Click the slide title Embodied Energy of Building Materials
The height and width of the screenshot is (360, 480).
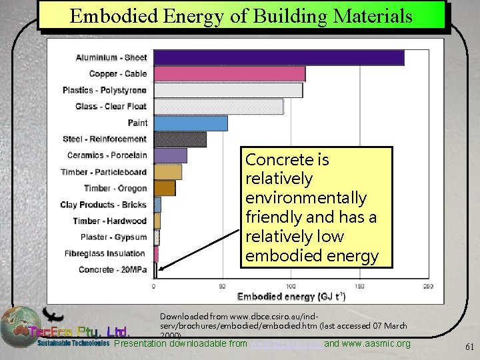pos(241,16)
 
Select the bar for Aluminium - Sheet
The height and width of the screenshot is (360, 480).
pos(279,57)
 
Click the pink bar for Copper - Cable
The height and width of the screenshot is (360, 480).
pos(229,74)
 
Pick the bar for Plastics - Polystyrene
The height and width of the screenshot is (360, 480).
pos(228,90)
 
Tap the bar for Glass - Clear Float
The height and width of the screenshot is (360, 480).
pos(219,107)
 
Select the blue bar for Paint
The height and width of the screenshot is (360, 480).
pos(191,123)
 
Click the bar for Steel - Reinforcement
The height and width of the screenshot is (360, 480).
pos(180,139)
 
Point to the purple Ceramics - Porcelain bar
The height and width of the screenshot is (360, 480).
pos(171,155)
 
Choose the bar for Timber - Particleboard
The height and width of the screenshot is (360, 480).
pos(168,172)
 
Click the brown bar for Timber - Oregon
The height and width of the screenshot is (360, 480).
pos(165,188)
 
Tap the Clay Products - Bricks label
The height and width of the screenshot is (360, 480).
pos(103,205)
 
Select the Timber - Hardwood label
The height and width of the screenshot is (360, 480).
pos(109,221)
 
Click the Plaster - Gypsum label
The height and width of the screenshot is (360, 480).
pos(113,237)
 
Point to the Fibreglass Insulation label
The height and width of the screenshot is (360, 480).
pos(105,253)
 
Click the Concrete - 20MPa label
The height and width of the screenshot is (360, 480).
pos(113,270)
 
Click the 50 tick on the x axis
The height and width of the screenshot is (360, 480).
pos(223,286)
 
